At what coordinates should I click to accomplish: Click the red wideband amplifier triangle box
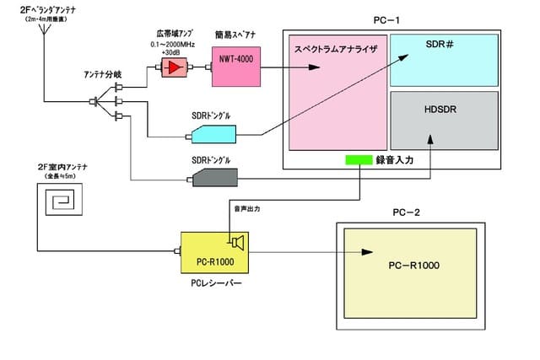(x=175, y=67)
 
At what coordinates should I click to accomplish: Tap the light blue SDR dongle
(x=213, y=132)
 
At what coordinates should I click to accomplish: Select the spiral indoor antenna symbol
(x=62, y=201)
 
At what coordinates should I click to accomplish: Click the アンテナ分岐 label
(x=101, y=74)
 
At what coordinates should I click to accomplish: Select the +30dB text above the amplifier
(x=173, y=50)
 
